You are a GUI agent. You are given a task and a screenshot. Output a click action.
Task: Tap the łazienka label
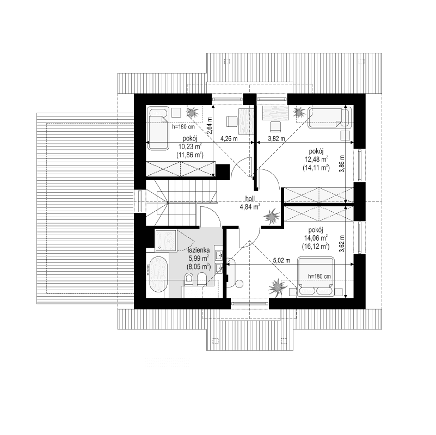click(x=201, y=252)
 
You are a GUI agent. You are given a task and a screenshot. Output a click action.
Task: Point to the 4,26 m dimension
click(x=229, y=139)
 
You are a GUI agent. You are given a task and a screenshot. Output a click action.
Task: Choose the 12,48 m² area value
click(x=316, y=159)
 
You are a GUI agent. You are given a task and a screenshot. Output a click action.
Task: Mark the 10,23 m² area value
click(x=189, y=146)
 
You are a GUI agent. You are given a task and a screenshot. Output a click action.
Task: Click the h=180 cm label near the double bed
click(x=320, y=276)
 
